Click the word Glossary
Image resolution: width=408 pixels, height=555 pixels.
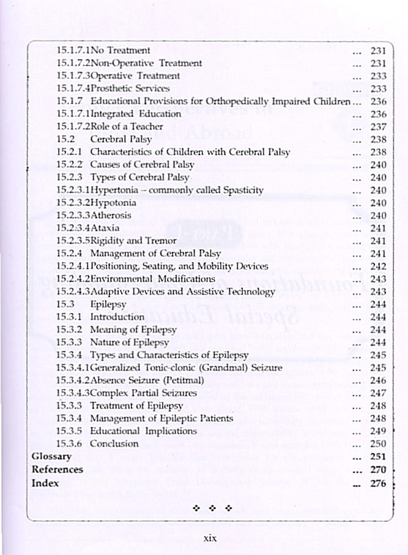tap(51, 456)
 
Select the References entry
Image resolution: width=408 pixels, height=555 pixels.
tap(57, 469)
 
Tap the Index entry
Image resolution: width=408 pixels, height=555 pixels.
tap(44, 482)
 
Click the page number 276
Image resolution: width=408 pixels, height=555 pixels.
tap(378, 482)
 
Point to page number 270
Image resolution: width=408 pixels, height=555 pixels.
tap(378, 469)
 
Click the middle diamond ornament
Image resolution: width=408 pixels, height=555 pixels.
tap(212, 508)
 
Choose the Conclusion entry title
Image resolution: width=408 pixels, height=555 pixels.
tap(114, 444)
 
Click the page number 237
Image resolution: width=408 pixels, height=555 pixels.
tap(378, 126)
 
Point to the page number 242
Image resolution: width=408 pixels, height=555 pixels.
tap(378, 266)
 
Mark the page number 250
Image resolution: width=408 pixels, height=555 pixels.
tap(378, 444)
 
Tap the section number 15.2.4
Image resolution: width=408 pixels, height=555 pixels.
tap(69, 253)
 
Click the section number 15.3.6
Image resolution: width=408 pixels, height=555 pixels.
tap(69, 444)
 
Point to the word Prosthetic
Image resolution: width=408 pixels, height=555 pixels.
tap(112, 88)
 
